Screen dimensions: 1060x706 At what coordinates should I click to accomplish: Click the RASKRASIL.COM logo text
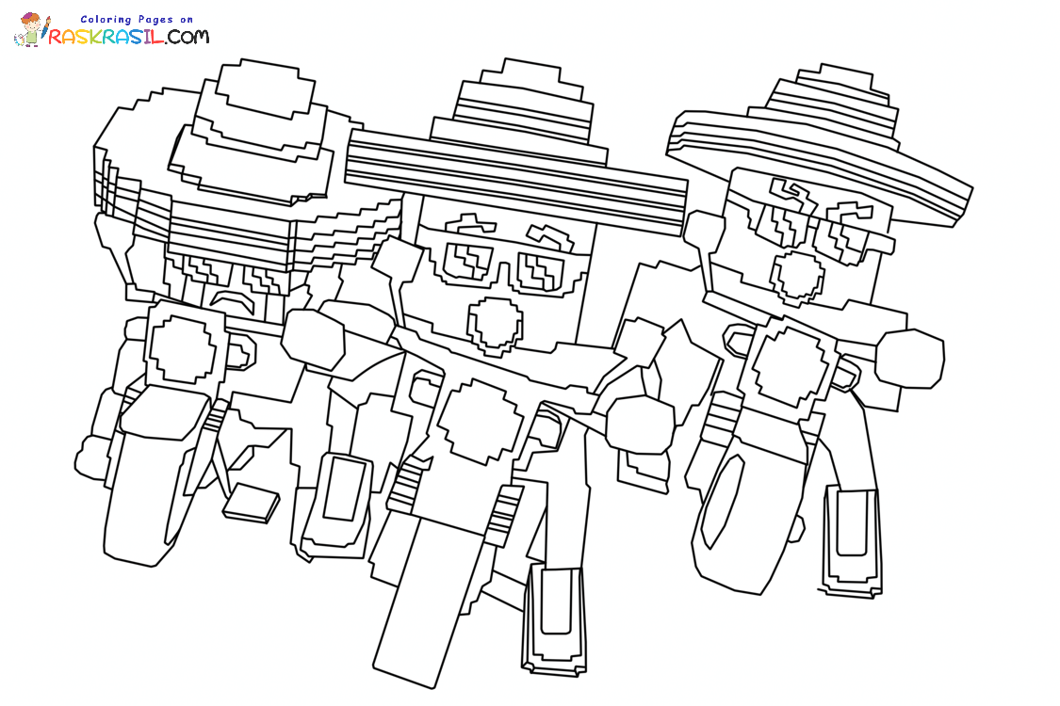(128, 36)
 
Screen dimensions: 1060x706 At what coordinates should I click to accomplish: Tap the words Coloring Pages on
(137, 20)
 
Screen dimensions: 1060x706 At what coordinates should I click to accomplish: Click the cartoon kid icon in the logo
(30, 30)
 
